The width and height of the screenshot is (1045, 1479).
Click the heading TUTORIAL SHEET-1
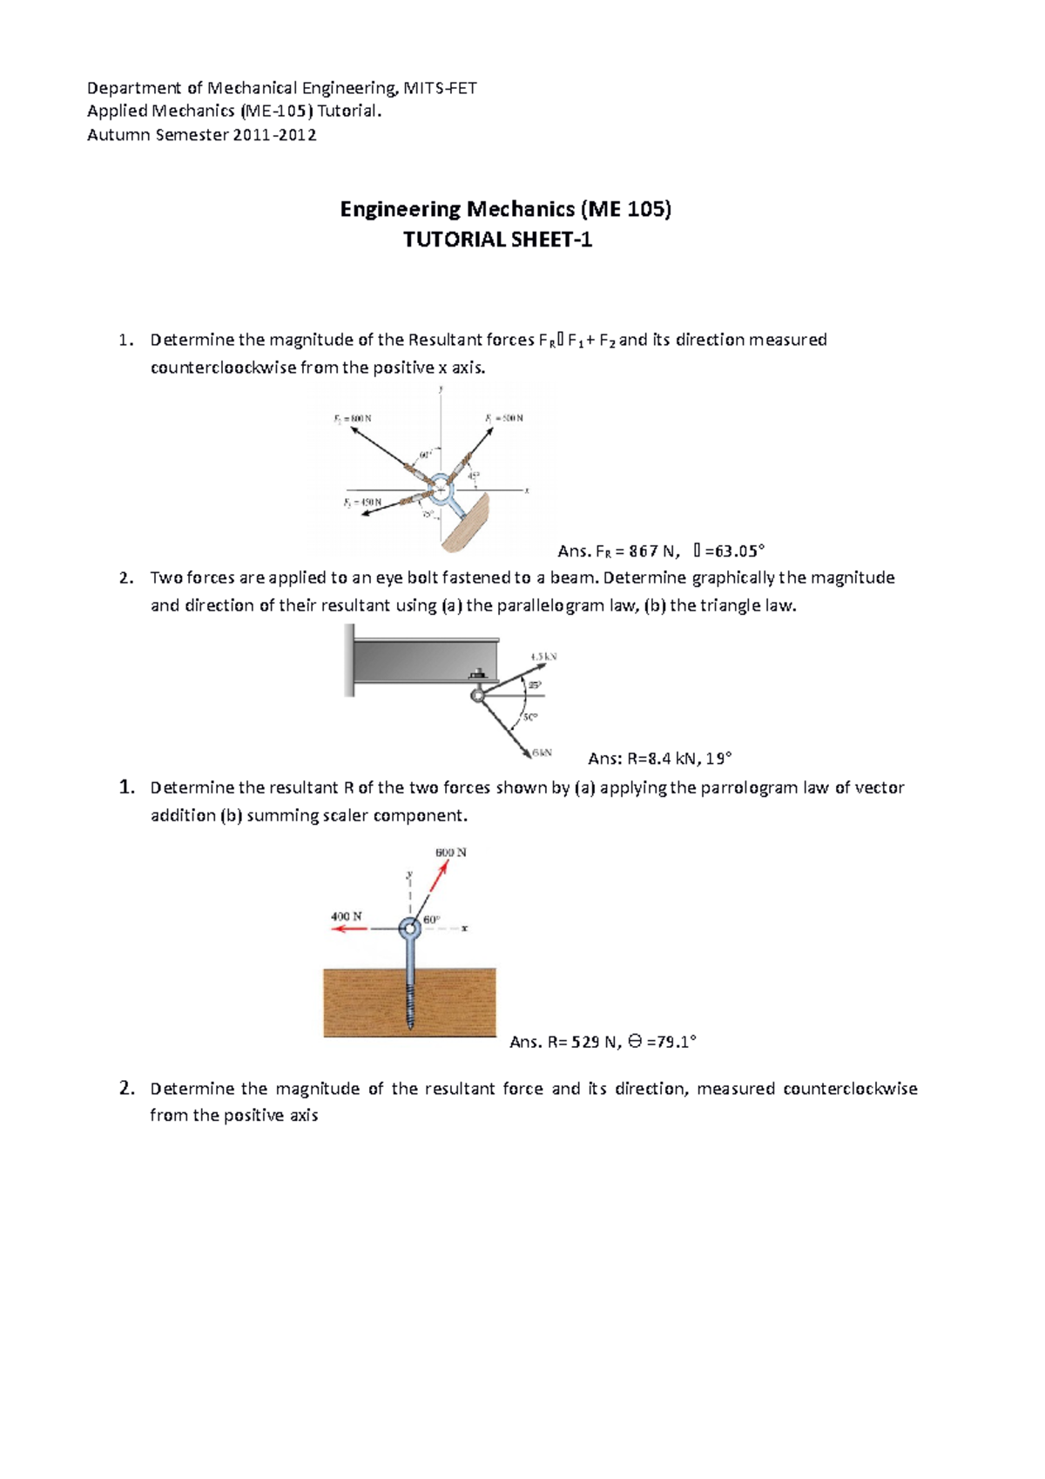point(497,240)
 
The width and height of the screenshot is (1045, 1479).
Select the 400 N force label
point(346,916)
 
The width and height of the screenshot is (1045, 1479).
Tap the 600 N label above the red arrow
point(451,852)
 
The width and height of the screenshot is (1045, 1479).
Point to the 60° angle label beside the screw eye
point(432,920)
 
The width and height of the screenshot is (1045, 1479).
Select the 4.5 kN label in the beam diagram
point(543,657)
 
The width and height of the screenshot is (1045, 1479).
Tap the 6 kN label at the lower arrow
point(542,752)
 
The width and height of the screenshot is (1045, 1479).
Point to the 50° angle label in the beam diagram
point(530,717)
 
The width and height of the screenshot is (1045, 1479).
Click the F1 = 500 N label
point(504,418)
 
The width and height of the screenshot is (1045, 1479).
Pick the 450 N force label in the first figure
point(362,503)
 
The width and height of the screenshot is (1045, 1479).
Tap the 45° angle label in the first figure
point(474,476)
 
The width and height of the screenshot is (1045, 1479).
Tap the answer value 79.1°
point(671,1042)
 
